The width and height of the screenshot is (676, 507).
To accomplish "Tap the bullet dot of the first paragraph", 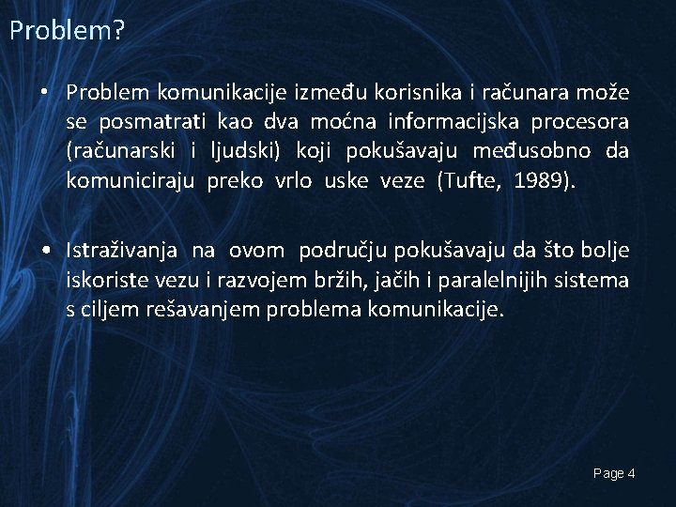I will pos(43,93).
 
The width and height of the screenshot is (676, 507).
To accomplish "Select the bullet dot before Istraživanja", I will pos(44,251).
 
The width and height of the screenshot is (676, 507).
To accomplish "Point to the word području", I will pos(345,251).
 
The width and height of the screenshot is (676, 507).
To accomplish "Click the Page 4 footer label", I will pos(614,474).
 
